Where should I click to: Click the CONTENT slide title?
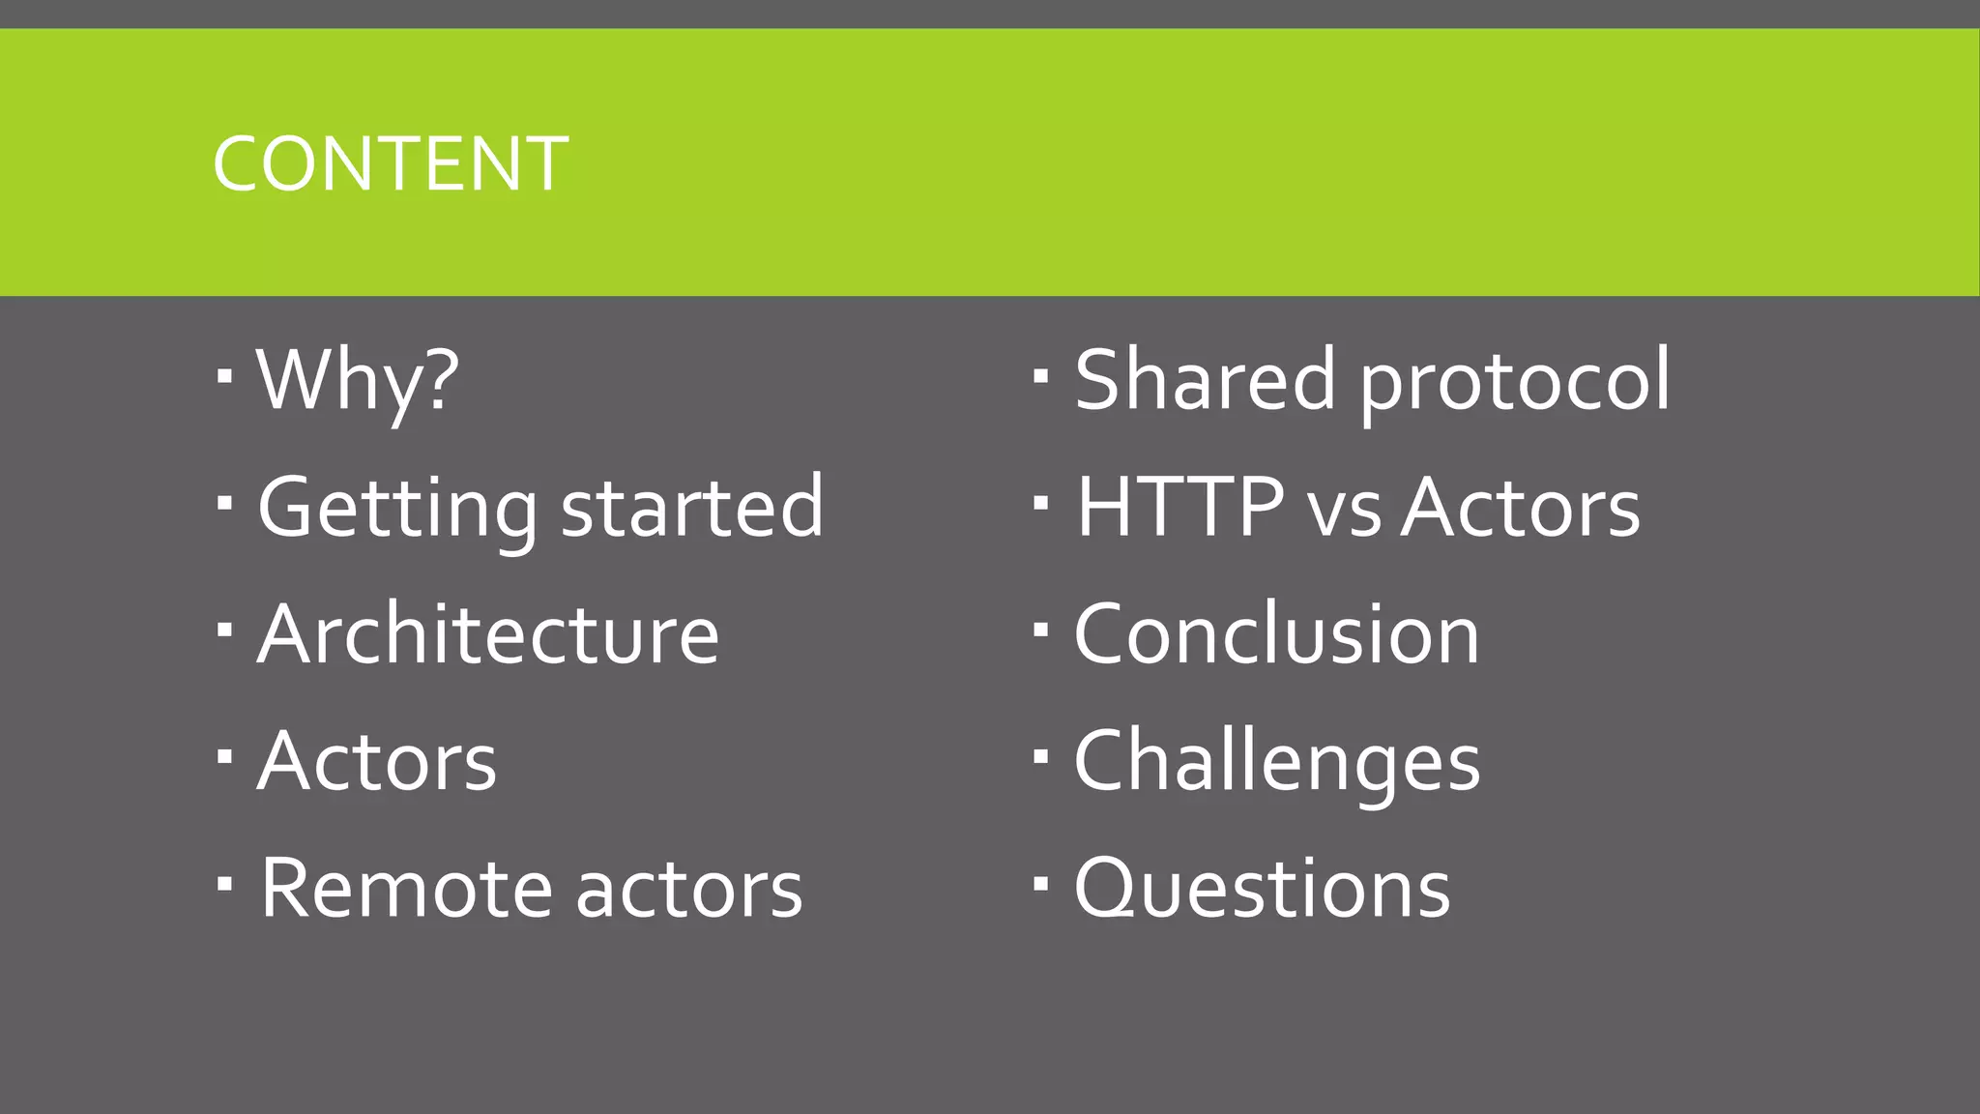(391, 163)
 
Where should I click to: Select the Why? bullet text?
(358, 380)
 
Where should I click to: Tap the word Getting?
(396, 509)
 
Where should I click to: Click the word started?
(692, 507)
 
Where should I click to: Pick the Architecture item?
(488, 634)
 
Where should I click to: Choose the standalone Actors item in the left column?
(377, 762)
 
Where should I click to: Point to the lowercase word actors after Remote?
(689, 891)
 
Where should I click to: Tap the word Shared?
(1205, 380)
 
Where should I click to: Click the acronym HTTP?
(1179, 507)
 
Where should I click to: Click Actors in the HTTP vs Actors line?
(1521, 508)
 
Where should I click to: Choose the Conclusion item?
(1276, 634)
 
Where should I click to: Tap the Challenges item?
(1276, 762)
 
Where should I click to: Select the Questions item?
(1262, 889)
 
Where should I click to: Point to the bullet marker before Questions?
(1041, 883)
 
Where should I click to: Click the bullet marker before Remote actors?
(225, 883)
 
